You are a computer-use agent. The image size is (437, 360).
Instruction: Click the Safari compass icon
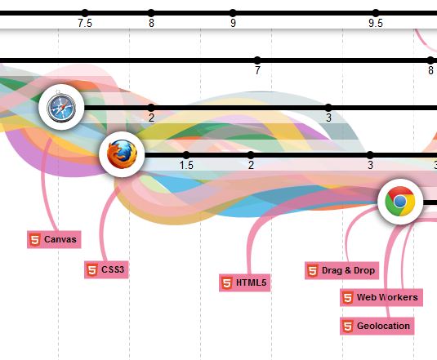pos(61,108)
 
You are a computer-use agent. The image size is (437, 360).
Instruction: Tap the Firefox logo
pos(122,154)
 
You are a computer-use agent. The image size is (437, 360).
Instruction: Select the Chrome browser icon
pos(400,202)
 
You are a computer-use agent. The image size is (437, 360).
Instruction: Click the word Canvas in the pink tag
pos(60,239)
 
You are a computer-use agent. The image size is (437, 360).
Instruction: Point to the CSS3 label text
pos(113,269)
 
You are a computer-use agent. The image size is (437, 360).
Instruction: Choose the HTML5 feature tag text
pos(251,282)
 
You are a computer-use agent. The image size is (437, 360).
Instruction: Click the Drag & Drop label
pos(348,270)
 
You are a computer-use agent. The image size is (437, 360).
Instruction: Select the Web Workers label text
pos(387,297)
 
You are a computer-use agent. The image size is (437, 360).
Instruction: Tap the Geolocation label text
pos(383,326)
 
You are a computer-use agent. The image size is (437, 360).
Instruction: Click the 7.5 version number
pos(85,23)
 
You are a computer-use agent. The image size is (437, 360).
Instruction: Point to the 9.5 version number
pos(376,23)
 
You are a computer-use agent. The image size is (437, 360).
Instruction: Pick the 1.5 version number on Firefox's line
pos(186,166)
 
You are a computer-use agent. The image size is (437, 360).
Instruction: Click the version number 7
pos(257,70)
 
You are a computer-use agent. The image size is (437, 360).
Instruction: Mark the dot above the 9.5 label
pos(376,13)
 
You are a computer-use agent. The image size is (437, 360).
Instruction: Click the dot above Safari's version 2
pos(151,108)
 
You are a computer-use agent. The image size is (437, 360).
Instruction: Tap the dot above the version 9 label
pos(233,13)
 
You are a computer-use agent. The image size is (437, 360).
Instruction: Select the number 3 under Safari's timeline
pos(329,118)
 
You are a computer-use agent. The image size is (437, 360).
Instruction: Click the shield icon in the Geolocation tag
pos(348,326)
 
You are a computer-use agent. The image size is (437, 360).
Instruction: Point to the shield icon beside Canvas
pos(35,240)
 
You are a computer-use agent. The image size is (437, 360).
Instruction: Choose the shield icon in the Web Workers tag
pos(348,298)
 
